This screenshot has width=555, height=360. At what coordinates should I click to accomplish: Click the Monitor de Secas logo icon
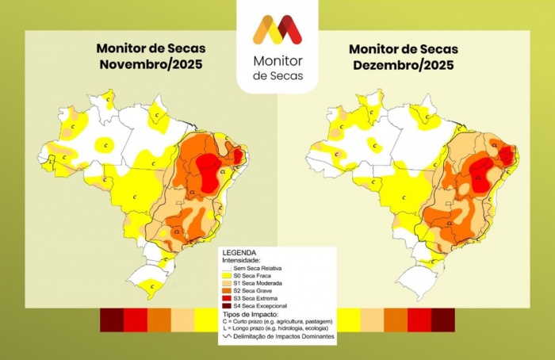point(277,29)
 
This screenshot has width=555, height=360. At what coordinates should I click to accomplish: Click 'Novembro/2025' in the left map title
point(148,66)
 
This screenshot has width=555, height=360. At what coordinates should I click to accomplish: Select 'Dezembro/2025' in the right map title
point(403,66)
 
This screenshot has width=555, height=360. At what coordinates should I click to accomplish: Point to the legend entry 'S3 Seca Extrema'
point(258,298)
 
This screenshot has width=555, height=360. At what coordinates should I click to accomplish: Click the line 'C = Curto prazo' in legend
point(274,320)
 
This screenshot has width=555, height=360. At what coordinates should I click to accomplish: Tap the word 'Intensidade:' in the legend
point(241,260)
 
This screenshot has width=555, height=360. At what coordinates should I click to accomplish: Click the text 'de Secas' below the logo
point(277,75)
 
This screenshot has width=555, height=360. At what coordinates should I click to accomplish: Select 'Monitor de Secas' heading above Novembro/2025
point(148,50)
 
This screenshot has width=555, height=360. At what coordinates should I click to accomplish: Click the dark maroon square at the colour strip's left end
point(112,320)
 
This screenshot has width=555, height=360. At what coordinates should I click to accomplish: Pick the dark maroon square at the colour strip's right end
point(443,320)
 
